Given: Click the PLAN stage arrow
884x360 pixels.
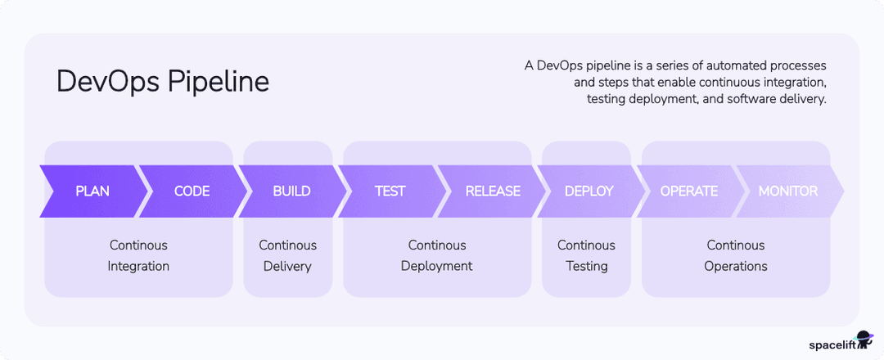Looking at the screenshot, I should click(92, 191).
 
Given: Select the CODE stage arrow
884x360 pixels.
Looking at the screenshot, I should click(192, 191).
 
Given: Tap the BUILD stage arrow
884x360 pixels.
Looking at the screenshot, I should click(291, 191).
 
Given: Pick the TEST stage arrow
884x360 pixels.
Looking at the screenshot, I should click(390, 191).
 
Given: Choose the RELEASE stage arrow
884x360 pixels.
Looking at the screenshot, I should click(493, 191).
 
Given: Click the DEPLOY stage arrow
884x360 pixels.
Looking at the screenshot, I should click(589, 191).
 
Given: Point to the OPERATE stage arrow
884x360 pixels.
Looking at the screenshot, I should click(689, 191).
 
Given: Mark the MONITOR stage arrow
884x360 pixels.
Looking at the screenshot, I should click(787, 191).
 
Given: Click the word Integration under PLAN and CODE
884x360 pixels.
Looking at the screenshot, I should click(138, 266).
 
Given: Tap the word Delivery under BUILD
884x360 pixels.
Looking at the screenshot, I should click(287, 266).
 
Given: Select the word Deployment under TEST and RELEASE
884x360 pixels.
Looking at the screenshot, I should click(437, 266).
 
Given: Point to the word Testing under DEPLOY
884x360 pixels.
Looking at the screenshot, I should click(586, 266).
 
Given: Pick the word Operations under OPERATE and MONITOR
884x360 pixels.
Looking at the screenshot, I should click(736, 266).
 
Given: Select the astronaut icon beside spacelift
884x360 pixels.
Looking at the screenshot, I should click(863, 339).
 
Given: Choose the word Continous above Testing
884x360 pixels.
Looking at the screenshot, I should click(586, 245).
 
